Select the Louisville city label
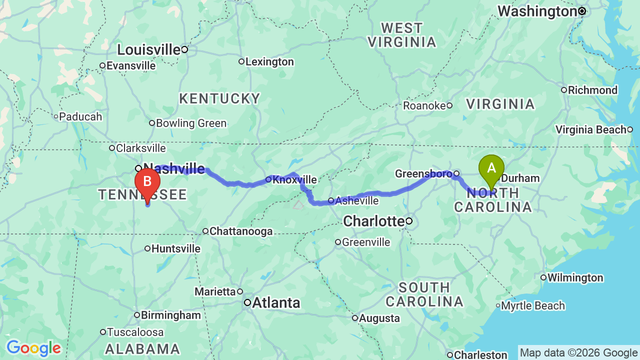tap(148, 49)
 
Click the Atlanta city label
tap(276, 302)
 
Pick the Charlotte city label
tap(374, 221)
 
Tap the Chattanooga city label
tap(241, 231)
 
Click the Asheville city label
tap(356, 201)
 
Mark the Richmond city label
tap(592, 90)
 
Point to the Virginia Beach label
tap(591, 130)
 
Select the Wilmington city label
tap(575, 278)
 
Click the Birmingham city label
tap(170, 315)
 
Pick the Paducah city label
tap(80, 117)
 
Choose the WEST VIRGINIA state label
tap(402, 35)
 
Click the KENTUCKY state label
tap(220, 98)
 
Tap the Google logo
tap(33, 348)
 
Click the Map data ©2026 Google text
tap(578, 353)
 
